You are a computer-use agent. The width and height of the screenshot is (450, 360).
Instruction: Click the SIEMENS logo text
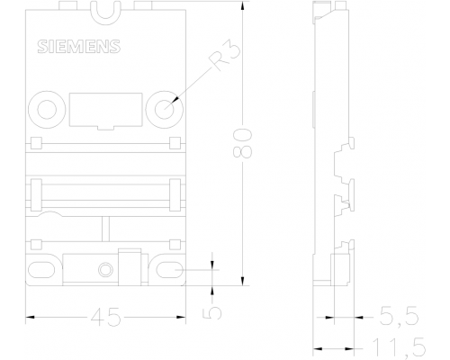tap(79, 47)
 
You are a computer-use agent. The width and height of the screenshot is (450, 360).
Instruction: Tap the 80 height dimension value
tap(242, 144)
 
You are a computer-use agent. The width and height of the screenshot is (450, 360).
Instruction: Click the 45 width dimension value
tap(106, 317)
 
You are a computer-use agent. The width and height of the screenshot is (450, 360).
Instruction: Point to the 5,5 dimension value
tap(399, 316)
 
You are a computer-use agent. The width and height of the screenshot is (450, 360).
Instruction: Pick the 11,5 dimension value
tap(399, 347)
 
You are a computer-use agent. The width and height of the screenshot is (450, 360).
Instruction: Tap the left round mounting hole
tap(47, 109)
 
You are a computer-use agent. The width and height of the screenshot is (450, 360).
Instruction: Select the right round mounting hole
tap(165, 109)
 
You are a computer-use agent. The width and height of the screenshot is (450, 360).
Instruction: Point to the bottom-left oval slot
tap(41, 270)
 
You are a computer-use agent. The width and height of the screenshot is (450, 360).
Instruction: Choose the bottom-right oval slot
tap(170, 270)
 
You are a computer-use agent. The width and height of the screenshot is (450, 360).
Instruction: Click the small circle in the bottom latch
tap(105, 270)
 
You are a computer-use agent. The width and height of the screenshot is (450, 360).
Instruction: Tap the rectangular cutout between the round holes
tap(106, 110)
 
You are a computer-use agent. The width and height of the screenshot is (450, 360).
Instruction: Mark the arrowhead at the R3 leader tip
tap(175, 100)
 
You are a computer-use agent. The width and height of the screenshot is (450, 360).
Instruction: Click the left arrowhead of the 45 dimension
tap(31, 317)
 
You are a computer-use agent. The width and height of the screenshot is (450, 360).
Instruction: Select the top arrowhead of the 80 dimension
tap(242, 6)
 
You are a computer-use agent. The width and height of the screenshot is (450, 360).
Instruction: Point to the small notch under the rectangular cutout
tap(106, 128)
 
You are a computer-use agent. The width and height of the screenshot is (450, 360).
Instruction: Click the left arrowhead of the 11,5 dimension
tap(318, 348)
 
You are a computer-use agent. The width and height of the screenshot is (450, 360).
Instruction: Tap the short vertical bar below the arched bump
tap(105, 228)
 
